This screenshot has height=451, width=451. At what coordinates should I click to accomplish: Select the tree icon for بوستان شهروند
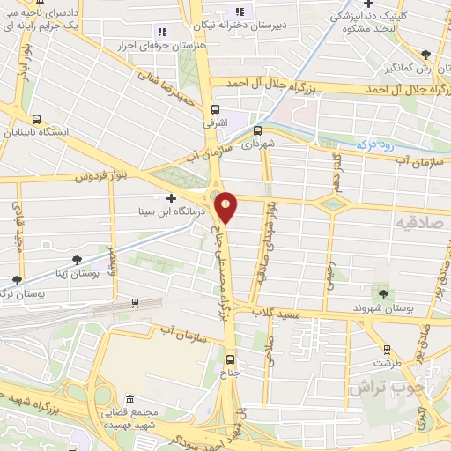point(381,292)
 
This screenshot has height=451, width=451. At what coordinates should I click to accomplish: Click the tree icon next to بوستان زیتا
point(78,259)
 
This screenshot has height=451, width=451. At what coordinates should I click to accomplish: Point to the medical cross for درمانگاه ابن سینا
point(171,199)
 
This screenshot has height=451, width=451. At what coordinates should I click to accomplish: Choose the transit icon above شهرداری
point(257,132)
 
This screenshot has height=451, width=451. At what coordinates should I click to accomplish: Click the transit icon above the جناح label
point(231,359)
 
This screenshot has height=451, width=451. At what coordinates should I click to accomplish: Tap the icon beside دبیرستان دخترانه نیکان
point(243,12)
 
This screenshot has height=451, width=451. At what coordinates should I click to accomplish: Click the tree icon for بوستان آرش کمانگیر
point(425,55)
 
